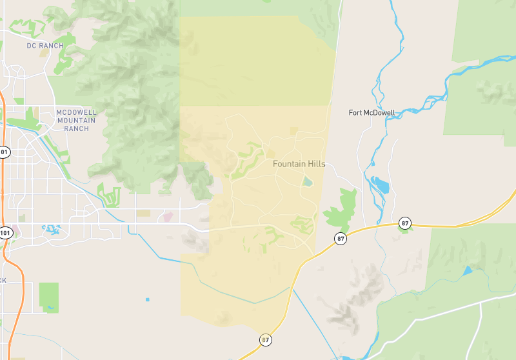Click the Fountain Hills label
(299, 164)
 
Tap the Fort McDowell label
(372, 112)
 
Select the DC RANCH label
(45, 46)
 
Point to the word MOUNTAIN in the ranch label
(76, 120)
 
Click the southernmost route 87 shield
(266, 339)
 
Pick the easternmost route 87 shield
(405, 223)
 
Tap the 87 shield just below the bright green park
(341, 239)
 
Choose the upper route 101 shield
(5, 153)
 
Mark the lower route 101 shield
(5, 232)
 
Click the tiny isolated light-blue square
(148, 299)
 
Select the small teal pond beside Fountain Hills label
(308, 181)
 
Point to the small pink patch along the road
(168, 217)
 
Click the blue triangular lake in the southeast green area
(467, 271)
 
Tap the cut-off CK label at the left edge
(3, 281)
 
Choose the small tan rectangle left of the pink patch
(143, 213)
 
